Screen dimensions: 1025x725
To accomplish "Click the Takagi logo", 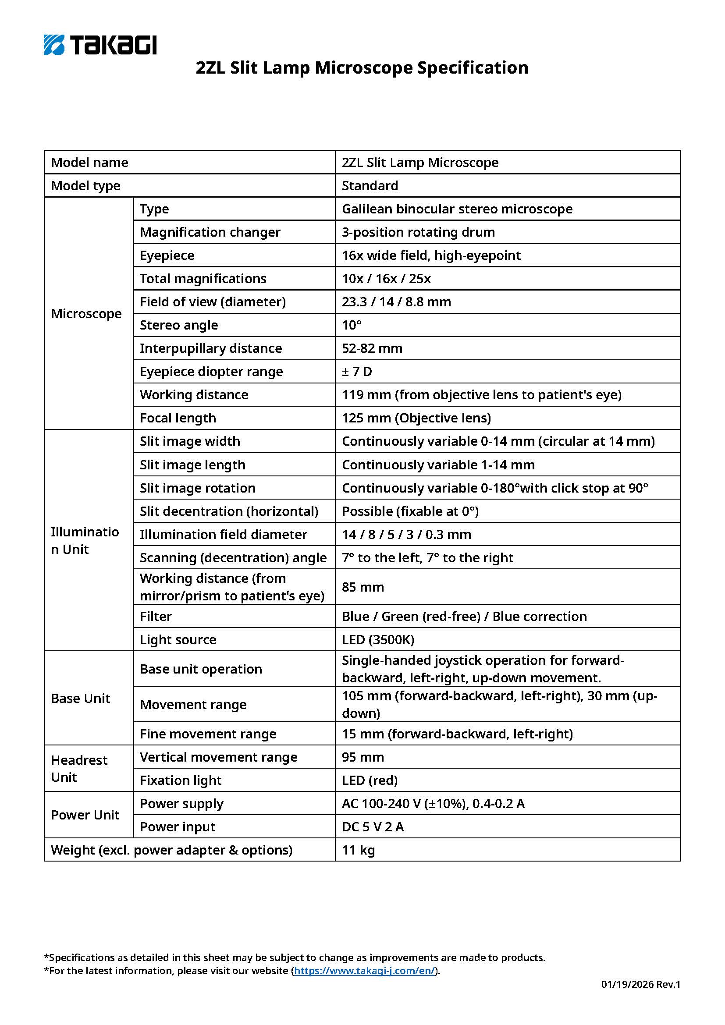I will coord(100,45).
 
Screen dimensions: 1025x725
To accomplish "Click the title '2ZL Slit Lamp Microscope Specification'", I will coord(362,68).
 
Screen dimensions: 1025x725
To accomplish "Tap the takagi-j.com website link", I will coord(364,971).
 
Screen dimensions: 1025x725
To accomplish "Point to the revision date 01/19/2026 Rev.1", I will coord(640,984).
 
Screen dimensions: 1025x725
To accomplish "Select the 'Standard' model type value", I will coord(370,186).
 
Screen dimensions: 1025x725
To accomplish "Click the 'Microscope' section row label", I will coord(86,313).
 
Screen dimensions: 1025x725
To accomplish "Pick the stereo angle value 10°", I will coord(352,325).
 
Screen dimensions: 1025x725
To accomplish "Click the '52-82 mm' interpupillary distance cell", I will coord(372,348).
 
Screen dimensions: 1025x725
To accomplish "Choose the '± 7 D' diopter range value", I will coord(357,372).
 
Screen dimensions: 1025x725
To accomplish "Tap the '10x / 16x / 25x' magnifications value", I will coord(386,279).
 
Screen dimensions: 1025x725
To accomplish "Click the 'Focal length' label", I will coord(178,418).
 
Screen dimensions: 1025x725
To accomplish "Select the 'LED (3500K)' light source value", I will coord(378,640).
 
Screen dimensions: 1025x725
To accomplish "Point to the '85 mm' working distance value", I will coord(362,587).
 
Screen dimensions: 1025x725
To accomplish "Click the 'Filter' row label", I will coord(155,617).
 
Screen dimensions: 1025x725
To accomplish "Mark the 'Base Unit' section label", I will coord(80,698).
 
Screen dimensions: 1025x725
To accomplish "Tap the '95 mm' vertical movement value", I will coord(362,757).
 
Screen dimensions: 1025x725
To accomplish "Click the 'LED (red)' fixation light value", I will coord(370,780).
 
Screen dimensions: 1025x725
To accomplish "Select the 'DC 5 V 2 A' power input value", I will coord(373,827).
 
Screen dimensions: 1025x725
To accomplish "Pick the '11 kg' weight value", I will coord(358,850).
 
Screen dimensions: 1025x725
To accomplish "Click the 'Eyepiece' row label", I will coord(167,255).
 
